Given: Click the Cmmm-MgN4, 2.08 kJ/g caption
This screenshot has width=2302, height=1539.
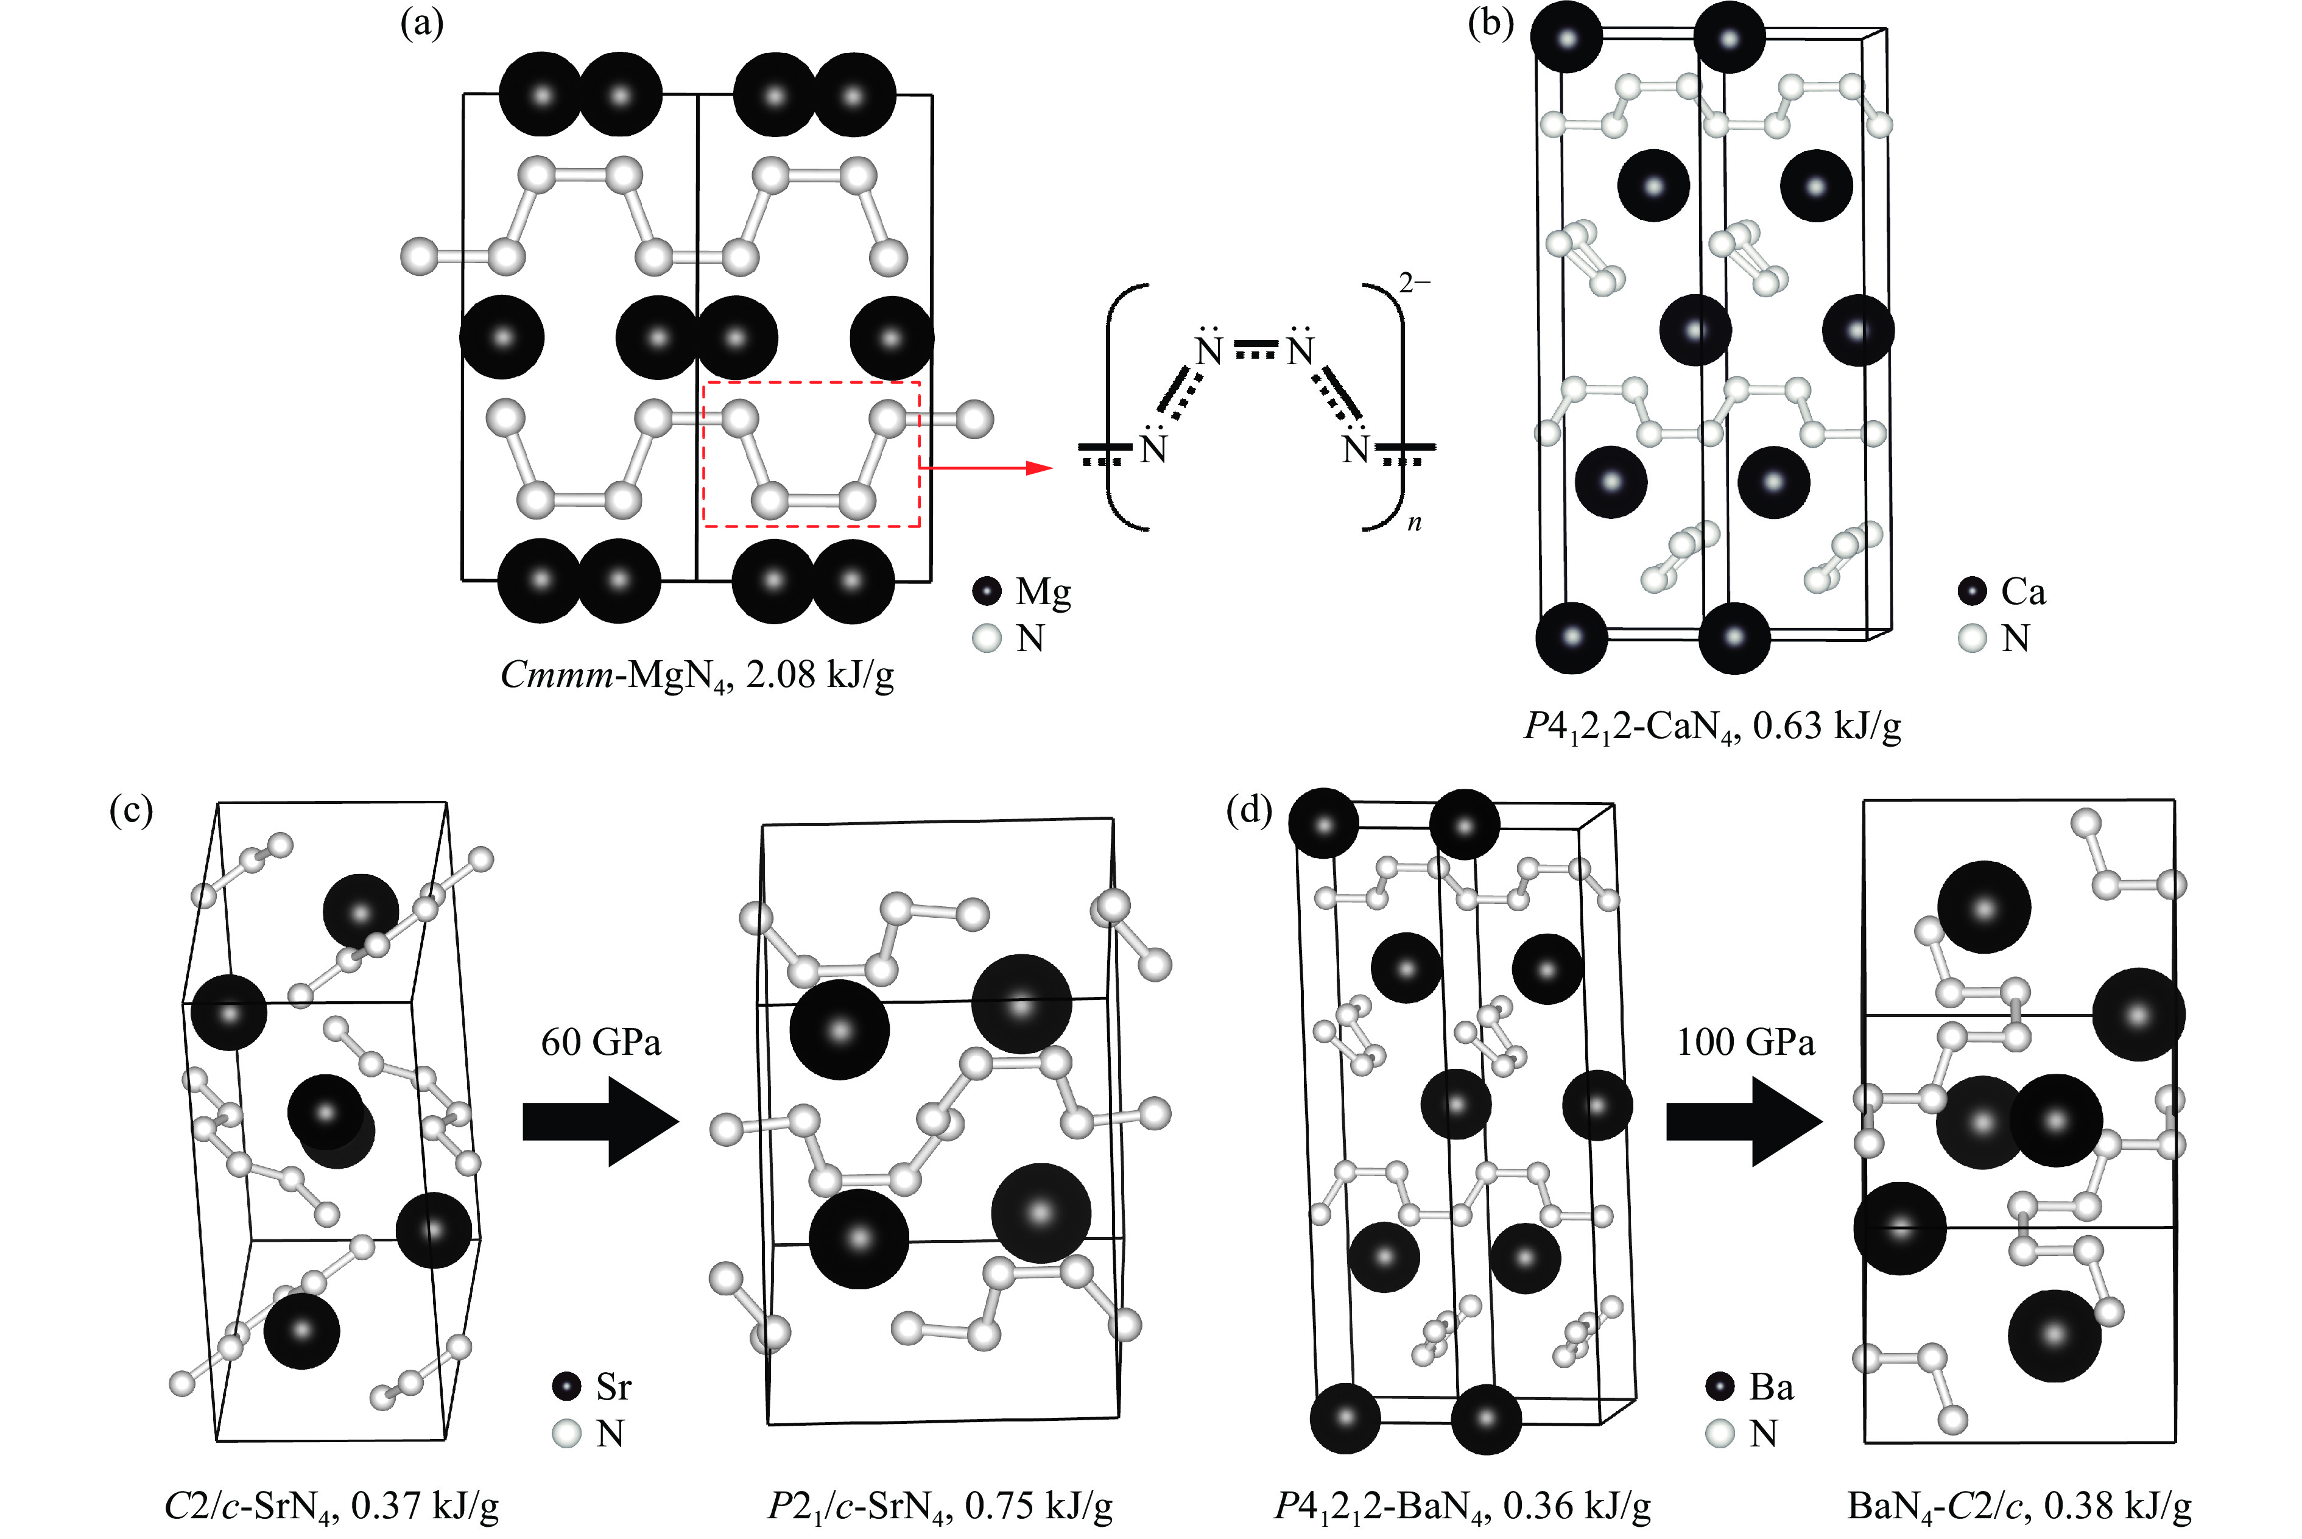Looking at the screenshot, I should point(697,675).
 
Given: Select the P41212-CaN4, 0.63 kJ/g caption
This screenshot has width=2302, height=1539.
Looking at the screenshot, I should point(1712,727).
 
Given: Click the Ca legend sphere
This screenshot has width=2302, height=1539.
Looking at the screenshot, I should point(1973,591).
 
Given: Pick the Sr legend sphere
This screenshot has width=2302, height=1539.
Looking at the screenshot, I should point(566,1387).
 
